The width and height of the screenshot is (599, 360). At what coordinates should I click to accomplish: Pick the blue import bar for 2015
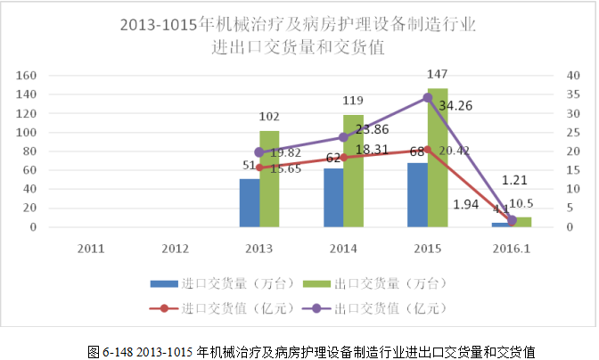(x=416, y=195)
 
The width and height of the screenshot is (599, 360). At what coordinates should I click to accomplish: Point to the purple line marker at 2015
(x=428, y=97)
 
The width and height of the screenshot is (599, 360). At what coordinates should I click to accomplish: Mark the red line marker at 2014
(x=343, y=157)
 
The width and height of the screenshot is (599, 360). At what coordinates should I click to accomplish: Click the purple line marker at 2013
(x=259, y=152)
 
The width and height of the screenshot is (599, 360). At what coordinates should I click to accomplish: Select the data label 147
(x=437, y=74)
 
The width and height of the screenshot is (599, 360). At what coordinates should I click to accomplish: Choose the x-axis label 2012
(x=176, y=248)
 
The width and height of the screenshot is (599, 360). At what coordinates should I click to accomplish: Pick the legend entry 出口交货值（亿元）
(x=387, y=308)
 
